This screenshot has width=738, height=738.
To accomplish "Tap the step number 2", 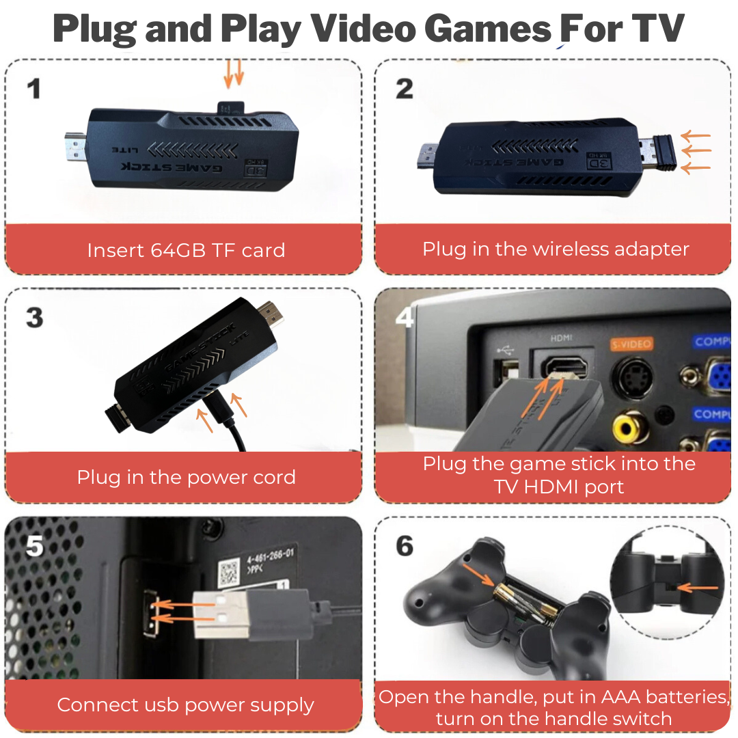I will point(405,89).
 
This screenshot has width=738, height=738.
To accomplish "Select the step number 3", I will point(34,318).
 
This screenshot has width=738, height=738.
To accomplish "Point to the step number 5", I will point(34,546).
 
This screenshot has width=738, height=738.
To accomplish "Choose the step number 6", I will point(405,546).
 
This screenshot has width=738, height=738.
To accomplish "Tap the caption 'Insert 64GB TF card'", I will point(186,250).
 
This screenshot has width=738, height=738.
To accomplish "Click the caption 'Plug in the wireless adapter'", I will point(556,249).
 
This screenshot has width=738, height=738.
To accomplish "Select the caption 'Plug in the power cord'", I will point(186,477).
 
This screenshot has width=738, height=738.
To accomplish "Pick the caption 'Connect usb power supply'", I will point(186,705).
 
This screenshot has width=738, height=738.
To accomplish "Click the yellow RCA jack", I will point(627,428).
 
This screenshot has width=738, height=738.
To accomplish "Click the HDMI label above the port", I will point(561,338).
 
